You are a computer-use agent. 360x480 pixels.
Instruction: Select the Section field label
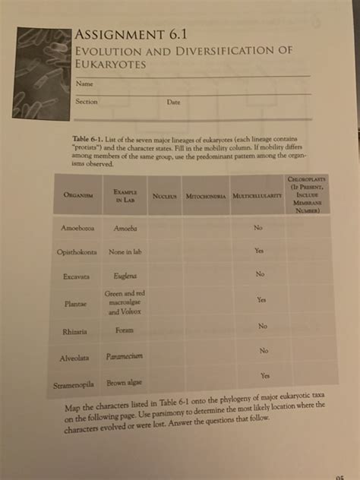point(86,101)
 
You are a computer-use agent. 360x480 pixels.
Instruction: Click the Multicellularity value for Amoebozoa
point(258,226)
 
